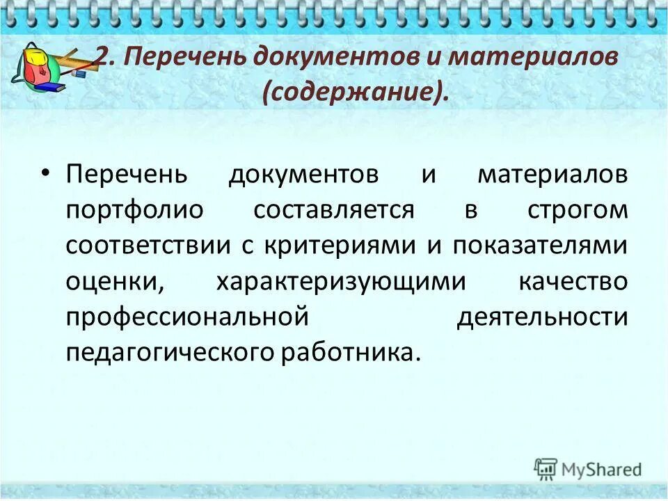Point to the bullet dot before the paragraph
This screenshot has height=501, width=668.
[x=46, y=174]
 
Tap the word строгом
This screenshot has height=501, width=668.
[x=577, y=210]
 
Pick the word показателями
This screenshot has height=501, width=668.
[x=541, y=246]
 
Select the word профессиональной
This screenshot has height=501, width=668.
[x=187, y=317]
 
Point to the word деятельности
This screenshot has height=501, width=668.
[x=543, y=317]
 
